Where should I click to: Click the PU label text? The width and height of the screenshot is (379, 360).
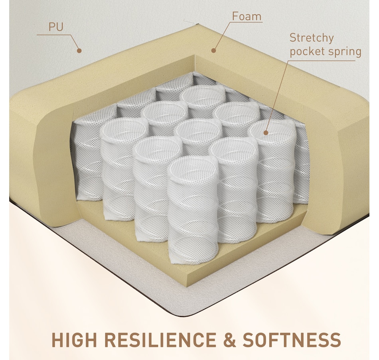point(56,27)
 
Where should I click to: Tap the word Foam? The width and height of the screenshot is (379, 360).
point(247,16)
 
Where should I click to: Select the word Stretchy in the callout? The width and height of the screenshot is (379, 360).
point(312,38)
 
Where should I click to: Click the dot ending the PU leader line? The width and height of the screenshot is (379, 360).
point(79,51)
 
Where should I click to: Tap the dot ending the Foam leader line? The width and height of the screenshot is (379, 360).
point(213,50)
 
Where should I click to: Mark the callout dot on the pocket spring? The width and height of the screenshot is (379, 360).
point(266,133)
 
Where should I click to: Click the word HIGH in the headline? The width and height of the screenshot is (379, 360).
point(74,340)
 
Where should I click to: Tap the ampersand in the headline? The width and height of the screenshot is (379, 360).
point(229,340)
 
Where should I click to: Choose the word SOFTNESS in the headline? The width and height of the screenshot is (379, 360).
point(292,340)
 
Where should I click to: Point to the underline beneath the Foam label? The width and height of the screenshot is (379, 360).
point(246,22)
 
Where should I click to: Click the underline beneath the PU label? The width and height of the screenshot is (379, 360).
point(54,35)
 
